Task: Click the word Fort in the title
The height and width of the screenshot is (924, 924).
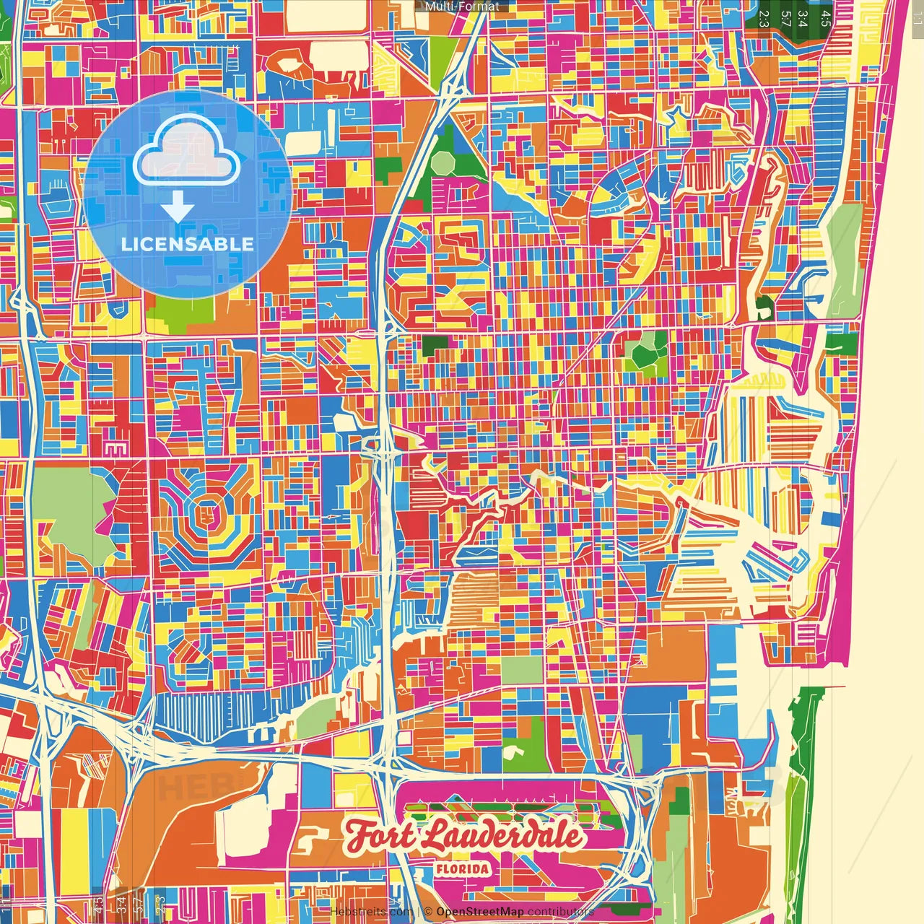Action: pyautogui.click(x=380, y=836)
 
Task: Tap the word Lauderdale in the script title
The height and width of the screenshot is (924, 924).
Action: pyautogui.click(x=501, y=835)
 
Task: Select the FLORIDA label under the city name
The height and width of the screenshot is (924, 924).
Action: pyautogui.click(x=462, y=868)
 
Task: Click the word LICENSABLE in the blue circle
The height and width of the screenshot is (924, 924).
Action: pyautogui.click(x=188, y=244)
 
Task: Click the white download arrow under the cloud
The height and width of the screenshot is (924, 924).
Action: pyautogui.click(x=178, y=206)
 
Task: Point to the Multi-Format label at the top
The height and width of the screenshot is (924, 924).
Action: pyautogui.click(x=462, y=6)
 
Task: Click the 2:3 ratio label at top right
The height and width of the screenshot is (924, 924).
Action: pyautogui.click(x=763, y=17)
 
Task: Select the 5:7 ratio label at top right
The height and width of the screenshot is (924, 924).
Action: pyautogui.click(x=785, y=17)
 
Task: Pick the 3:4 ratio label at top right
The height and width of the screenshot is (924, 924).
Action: pyautogui.click(x=803, y=17)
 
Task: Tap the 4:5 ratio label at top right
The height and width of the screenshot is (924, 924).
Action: pyautogui.click(x=826, y=17)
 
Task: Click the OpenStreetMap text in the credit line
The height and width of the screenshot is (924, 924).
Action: pyautogui.click(x=480, y=912)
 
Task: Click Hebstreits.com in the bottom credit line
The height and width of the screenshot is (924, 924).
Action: pyautogui.click(x=371, y=912)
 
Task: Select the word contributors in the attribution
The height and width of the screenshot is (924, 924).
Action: pyautogui.click(x=560, y=912)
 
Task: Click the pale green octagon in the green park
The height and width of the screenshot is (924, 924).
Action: pyautogui.click(x=442, y=163)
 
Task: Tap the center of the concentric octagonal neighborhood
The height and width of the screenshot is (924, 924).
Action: pyautogui.click(x=208, y=514)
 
